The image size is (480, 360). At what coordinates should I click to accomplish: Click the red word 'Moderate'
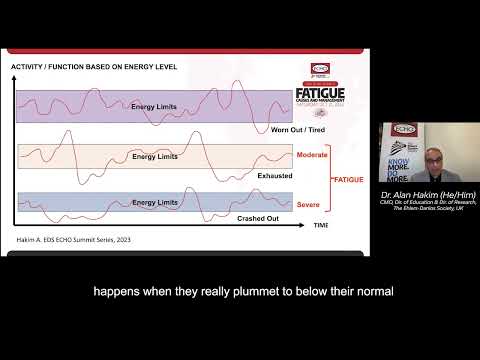(311, 155)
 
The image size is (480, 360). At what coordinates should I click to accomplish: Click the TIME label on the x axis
(321, 226)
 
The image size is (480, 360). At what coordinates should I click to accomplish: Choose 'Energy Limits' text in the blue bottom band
(155, 202)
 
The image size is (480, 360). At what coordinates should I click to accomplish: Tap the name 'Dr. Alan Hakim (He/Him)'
(428, 192)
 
